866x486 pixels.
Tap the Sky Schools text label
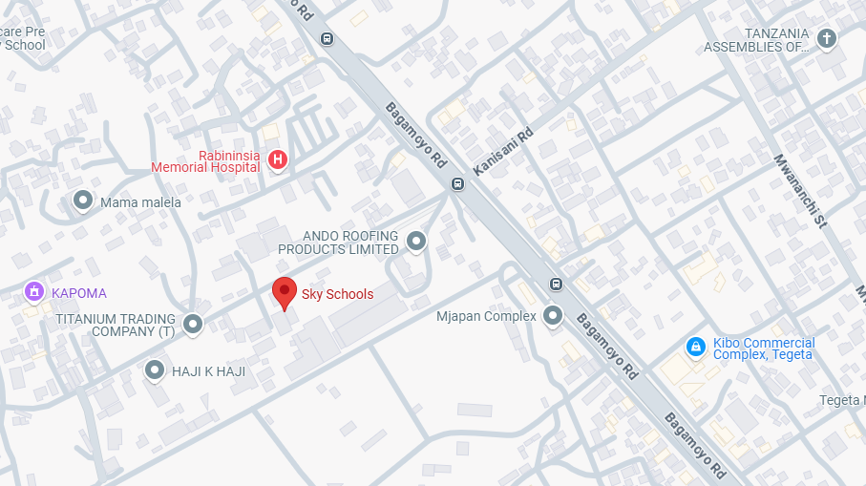pos(337,294)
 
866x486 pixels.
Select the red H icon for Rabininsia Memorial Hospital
pos(277,160)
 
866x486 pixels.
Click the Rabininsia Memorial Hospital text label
pos(205,161)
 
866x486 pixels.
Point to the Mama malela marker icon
pos(83,201)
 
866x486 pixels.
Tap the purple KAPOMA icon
pos(34,291)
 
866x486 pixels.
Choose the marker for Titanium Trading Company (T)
pos(193,325)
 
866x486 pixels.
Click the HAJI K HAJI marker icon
pos(155,370)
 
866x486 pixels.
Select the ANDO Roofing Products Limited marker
pos(416,242)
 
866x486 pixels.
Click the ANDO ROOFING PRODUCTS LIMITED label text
pos(338,242)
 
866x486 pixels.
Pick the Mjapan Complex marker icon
pos(553,316)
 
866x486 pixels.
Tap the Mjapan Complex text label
pos(486,316)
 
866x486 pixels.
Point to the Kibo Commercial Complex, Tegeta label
pos(764,349)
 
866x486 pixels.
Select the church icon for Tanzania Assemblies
pos(827,39)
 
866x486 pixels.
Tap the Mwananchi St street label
pos(799,191)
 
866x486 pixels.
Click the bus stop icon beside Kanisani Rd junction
pos(458,184)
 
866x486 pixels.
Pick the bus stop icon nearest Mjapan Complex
pos(556,283)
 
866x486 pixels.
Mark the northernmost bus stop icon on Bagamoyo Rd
pos(327,39)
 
